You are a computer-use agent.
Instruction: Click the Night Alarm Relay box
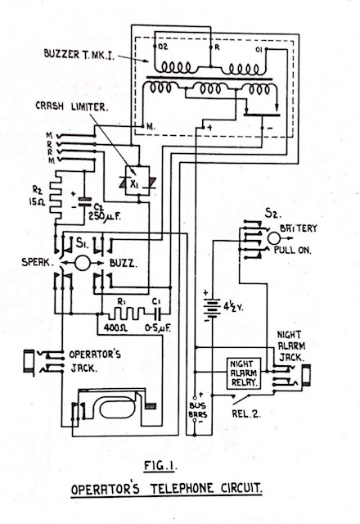pos(244,373)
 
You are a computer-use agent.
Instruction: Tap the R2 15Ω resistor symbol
pos(56,196)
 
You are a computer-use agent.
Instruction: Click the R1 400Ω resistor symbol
pos(125,313)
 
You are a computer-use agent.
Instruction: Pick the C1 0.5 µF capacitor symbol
pos(158,313)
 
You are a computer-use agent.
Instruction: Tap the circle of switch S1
pos(82,263)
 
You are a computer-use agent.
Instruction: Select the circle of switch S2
pos(274,238)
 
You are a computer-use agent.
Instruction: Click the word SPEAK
pos(38,262)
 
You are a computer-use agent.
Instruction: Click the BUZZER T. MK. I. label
pos(79,54)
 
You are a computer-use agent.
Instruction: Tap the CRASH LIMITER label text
pos(71,106)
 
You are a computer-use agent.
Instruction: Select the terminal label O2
pos(164,47)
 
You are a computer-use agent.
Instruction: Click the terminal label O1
pos(259,49)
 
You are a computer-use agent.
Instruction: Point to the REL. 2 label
pos(246,414)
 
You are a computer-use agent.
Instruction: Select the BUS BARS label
pos(198,411)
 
